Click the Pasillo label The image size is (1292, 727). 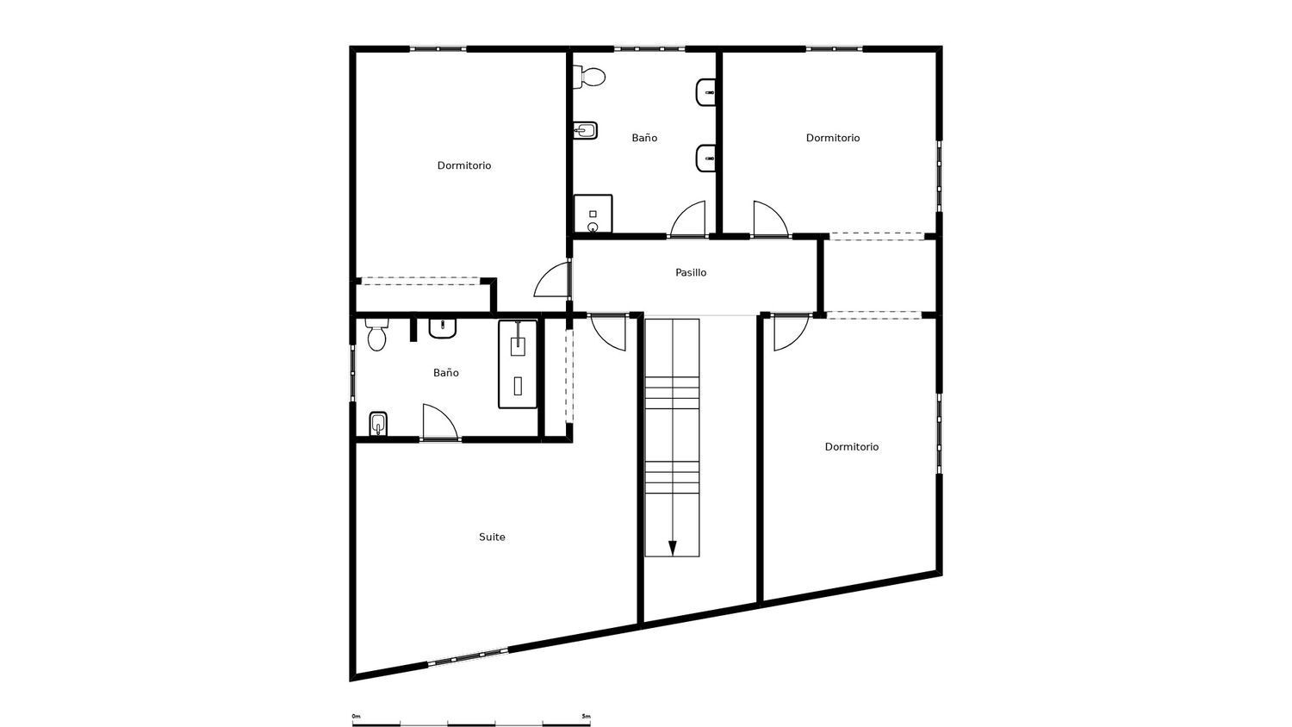click(x=691, y=272)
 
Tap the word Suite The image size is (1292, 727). click(x=492, y=537)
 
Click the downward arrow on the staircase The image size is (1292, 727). click(x=672, y=548)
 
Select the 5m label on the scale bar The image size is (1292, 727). click(x=586, y=716)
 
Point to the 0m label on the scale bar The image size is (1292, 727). click(x=356, y=716)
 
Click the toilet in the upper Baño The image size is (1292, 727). click(x=593, y=78)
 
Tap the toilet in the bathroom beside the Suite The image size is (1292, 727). click(x=376, y=335)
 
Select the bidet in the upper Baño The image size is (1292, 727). click(x=586, y=131)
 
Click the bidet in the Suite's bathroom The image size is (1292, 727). click(x=377, y=425)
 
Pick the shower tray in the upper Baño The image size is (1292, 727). click(x=593, y=214)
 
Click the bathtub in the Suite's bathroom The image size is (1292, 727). click(x=518, y=363)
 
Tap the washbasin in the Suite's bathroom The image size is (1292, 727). click(x=442, y=328)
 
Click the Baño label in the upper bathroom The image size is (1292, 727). click(x=644, y=138)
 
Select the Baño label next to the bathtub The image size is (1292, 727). click(x=445, y=373)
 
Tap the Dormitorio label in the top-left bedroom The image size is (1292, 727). click(x=464, y=165)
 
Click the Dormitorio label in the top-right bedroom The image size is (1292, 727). click(x=833, y=138)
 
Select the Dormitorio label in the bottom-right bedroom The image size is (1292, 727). click(x=852, y=446)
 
